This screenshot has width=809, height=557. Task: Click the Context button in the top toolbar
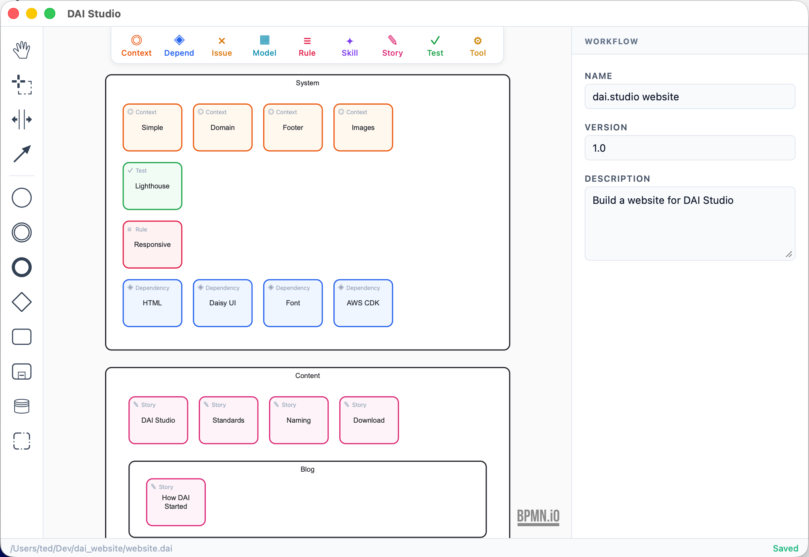[x=136, y=46]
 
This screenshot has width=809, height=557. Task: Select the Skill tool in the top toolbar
[x=350, y=46]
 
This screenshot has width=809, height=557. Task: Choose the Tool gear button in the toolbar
[x=478, y=46]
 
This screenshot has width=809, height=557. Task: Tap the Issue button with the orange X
[x=222, y=46]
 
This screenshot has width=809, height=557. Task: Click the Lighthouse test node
[x=152, y=186]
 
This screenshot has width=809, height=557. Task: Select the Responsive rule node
[x=152, y=245]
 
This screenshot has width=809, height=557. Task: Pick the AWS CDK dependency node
[x=363, y=303]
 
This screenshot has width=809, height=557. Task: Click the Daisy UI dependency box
[x=222, y=303]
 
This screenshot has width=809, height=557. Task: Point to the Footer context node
[x=293, y=128]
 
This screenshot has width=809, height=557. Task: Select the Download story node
[x=369, y=420]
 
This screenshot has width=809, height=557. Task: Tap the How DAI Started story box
[x=176, y=502]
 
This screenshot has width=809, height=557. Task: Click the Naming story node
[x=299, y=420]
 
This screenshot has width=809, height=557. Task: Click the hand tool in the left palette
[x=22, y=50]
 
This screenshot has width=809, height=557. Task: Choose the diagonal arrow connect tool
[x=22, y=154]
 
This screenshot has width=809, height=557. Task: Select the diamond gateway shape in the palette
[x=22, y=302]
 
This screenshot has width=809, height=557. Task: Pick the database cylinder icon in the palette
[x=22, y=406]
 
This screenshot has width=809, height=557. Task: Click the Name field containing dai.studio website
[x=689, y=97]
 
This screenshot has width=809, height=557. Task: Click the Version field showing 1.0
[x=689, y=148]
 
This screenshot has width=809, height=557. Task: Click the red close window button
[x=13, y=14]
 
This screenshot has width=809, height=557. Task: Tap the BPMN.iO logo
[x=538, y=516]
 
